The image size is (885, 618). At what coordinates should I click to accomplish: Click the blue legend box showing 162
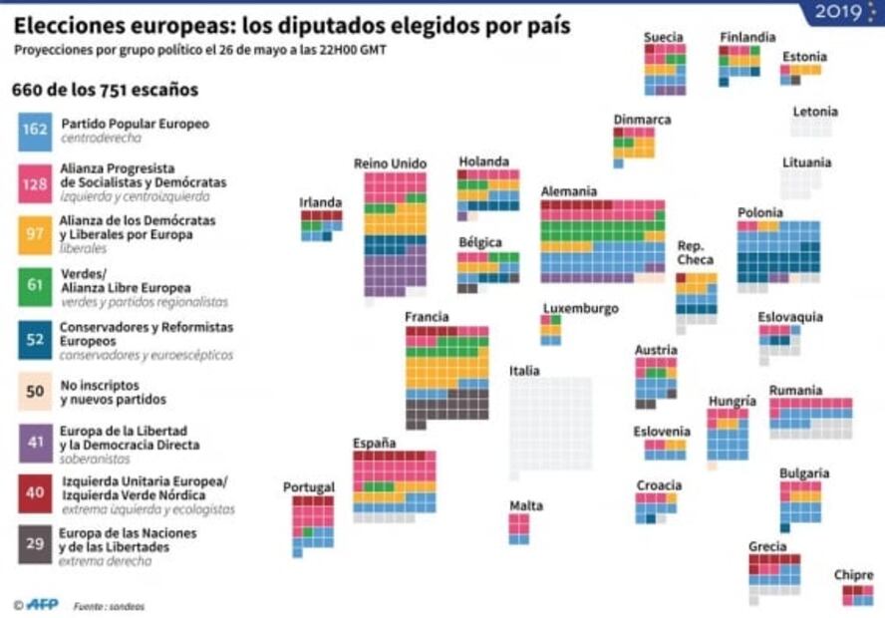point(36,131)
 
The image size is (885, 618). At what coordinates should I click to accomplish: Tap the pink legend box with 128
point(36,182)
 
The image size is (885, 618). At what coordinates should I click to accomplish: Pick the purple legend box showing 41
point(36,442)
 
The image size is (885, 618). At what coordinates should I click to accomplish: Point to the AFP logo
point(42,604)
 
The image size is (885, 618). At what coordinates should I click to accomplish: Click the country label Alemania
point(569,191)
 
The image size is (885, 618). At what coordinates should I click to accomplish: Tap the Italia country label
point(524,371)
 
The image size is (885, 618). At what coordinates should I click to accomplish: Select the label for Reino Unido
point(390,163)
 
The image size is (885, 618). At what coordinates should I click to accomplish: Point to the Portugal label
point(309,487)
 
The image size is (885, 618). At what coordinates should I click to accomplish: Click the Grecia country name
point(767,546)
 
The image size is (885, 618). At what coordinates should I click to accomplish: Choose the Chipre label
point(854,575)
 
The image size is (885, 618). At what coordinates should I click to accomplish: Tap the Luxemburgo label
point(581,308)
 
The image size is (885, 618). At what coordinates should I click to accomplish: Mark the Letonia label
point(815,112)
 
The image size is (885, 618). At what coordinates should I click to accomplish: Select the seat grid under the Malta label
point(519,528)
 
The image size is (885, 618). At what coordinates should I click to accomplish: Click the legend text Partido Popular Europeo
point(136,124)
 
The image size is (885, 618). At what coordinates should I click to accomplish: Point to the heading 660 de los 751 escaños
point(105,90)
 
